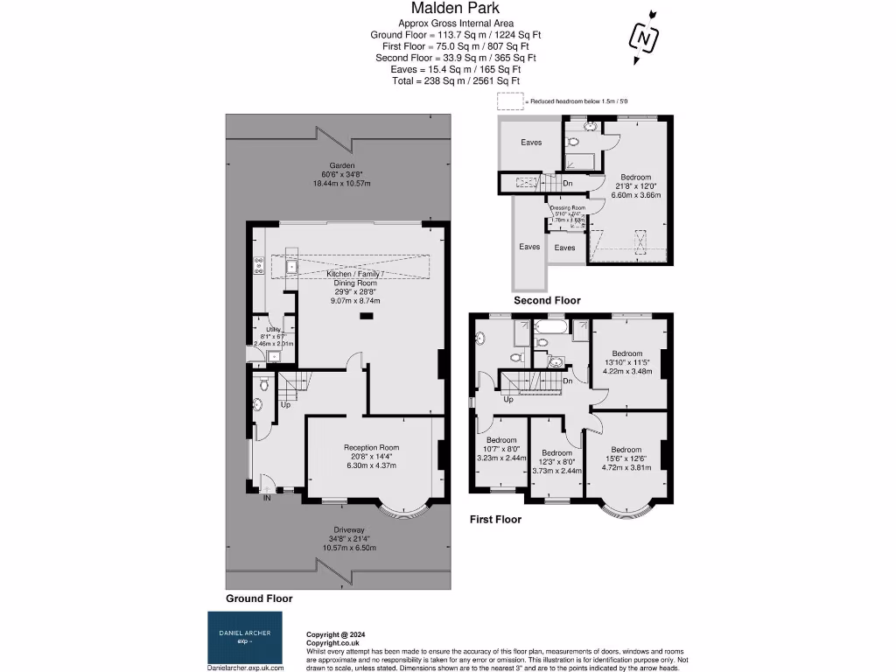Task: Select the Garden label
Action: [342, 165]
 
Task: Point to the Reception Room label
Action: [372, 446]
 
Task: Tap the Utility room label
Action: [272, 330]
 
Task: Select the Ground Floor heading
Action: [259, 598]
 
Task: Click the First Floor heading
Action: [494, 519]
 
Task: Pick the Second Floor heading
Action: [547, 300]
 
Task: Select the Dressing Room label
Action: [566, 208]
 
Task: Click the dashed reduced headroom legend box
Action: [509, 101]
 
